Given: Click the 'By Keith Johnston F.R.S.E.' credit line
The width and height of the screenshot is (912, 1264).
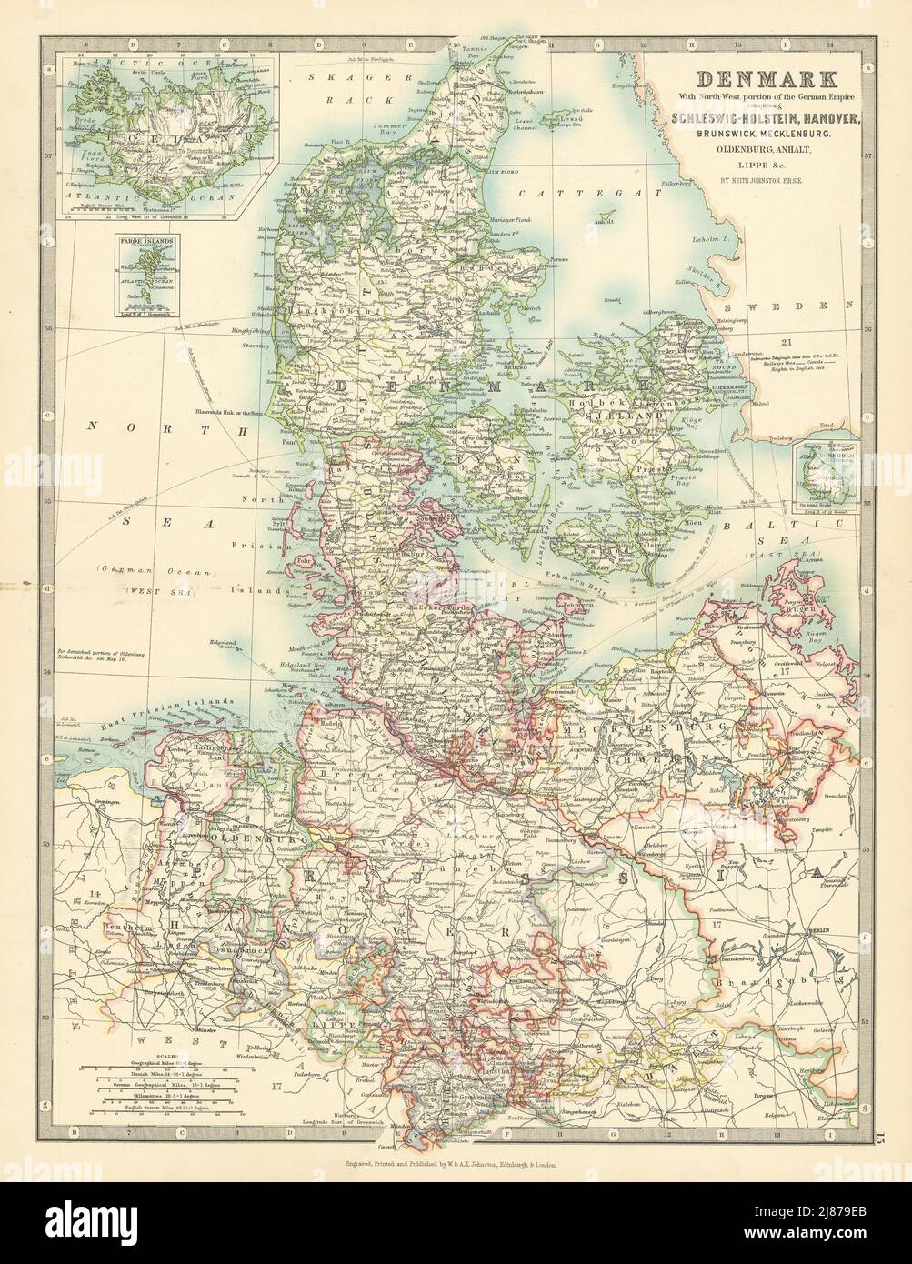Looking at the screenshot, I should pyautogui.click(x=758, y=178).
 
